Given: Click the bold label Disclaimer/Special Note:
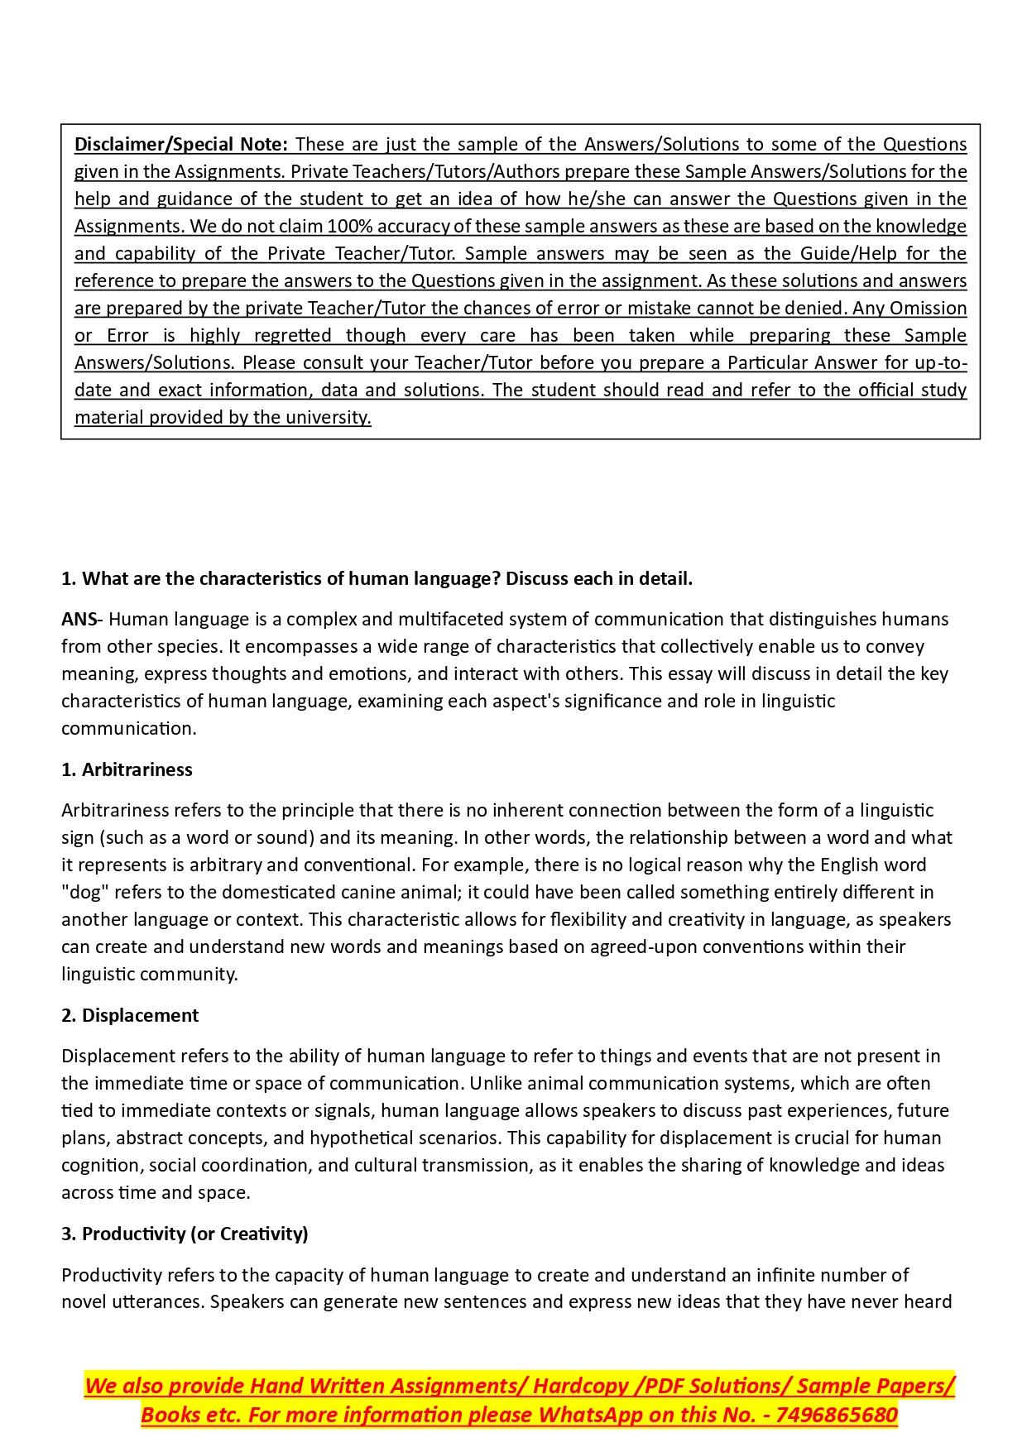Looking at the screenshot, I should [180, 144].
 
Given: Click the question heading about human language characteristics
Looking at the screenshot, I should [377, 578].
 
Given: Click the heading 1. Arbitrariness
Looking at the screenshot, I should [127, 769].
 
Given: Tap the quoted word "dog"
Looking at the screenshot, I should [84, 892].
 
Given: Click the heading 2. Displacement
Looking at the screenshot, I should [130, 1015].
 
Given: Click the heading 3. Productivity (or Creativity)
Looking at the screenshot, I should [185, 1234].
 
